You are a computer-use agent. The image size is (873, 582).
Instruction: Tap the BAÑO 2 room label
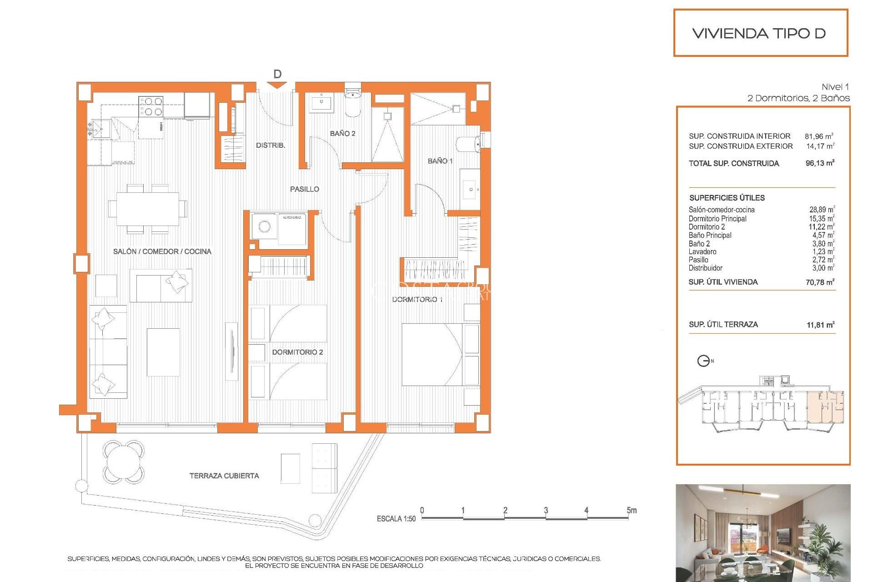tap(342, 133)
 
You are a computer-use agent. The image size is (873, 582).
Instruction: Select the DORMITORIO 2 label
tap(297, 352)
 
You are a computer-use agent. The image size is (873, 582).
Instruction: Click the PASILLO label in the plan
tap(304, 189)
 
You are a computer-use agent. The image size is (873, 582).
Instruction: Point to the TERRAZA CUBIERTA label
tap(224, 476)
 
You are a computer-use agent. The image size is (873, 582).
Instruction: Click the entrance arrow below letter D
tap(277, 85)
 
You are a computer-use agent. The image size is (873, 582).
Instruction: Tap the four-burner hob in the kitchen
tap(151, 106)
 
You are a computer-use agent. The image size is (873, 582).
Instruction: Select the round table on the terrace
tap(124, 462)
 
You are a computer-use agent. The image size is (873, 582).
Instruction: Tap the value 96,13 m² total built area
tap(819, 163)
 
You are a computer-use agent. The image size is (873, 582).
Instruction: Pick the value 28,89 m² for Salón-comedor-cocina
tap(821, 210)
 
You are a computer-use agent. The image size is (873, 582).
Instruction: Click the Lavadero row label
tap(702, 251)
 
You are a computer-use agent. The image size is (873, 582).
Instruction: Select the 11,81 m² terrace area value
tap(820, 325)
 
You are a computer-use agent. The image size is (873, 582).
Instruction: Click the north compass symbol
tap(703, 361)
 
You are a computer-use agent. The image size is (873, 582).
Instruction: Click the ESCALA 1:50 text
tap(396, 519)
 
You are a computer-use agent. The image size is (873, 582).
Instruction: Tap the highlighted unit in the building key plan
tap(825, 407)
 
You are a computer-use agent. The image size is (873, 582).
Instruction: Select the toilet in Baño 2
tap(352, 104)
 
